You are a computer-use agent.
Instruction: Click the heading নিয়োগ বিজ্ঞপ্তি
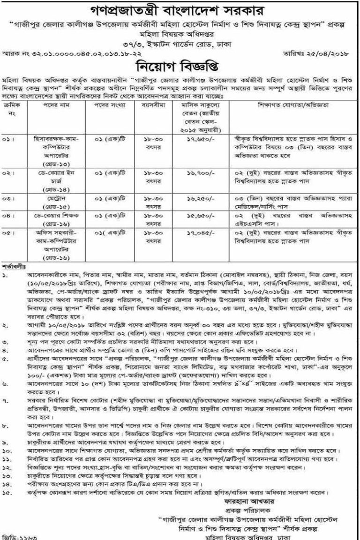[180, 63]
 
